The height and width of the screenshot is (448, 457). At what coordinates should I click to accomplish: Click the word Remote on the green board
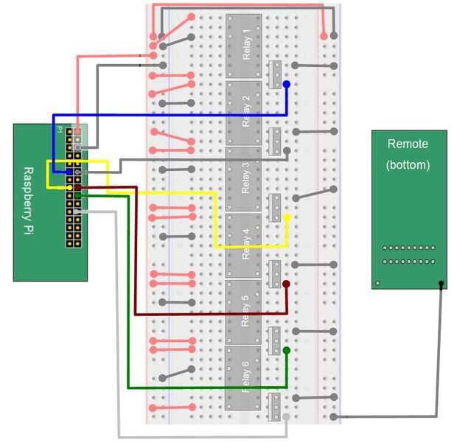click(408, 144)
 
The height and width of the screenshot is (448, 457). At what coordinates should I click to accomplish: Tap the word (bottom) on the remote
click(408, 165)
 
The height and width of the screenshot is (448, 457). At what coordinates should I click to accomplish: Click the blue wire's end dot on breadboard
click(286, 85)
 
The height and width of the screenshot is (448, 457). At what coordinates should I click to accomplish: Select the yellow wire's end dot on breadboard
click(286, 219)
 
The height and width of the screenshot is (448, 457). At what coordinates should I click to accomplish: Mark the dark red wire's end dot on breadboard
click(286, 284)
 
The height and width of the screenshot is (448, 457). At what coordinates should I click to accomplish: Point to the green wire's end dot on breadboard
click(286, 351)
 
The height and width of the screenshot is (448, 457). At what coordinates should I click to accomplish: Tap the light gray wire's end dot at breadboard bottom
click(286, 418)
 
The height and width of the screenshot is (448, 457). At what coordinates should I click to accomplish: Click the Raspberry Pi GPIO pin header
click(74, 187)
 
